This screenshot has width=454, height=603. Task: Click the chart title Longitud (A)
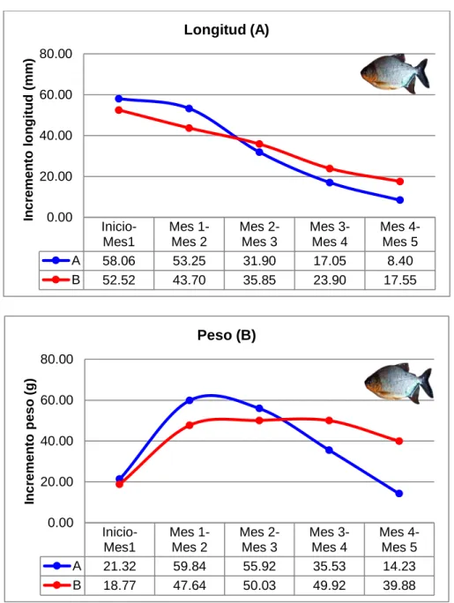[x=227, y=30]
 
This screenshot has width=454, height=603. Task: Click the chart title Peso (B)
[x=227, y=335]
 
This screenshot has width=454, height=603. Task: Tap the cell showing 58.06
[x=119, y=261]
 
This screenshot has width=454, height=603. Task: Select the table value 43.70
[x=190, y=280]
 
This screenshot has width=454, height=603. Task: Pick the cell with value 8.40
[x=400, y=261]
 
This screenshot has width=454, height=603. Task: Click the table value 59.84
[x=190, y=567]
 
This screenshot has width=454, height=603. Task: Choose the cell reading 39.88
[x=399, y=585]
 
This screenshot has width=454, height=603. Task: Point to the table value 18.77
[x=120, y=585]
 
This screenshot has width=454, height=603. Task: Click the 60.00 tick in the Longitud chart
[x=56, y=94]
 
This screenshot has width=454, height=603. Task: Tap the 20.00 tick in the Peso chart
[x=56, y=481]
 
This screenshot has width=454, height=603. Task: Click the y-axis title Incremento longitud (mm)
[x=29, y=140]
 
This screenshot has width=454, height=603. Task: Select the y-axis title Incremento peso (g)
[x=30, y=442]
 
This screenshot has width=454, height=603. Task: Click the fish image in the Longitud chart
[x=395, y=73]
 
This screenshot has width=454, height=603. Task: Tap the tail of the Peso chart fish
[x=426, y=383]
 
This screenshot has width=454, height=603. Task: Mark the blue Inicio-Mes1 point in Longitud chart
[x=119, y=99]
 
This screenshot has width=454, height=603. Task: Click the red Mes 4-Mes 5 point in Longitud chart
[x=400, y=182]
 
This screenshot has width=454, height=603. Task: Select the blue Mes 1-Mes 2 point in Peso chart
[x=190, y=400]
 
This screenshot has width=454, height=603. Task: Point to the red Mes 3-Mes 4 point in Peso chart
[x=329, y=421]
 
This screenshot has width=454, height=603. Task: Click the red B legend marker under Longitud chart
[x=56, y=279]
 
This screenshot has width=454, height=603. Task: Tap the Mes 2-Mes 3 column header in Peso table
[x=259, y=540]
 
